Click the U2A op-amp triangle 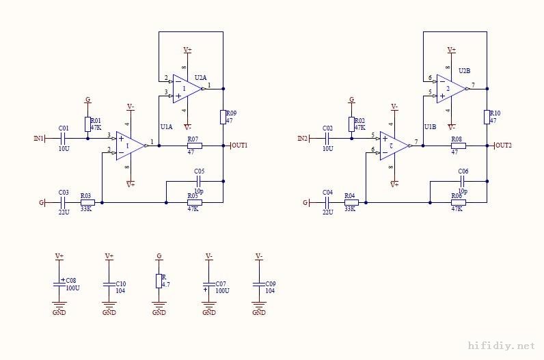(185, 88)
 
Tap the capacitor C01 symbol (64, 139)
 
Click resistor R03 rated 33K (87, 202)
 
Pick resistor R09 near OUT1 (223, 117)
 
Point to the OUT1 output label (239, 146)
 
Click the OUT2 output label (503, 146)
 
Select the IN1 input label (39, 139)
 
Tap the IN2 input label (303, 139)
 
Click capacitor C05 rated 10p (199, 182)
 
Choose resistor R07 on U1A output (193, 146)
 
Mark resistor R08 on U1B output (458, 146)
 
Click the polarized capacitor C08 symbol (59, 284)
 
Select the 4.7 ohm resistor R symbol (159, 281)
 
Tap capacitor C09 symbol (259, 284)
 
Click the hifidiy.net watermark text (500, 346)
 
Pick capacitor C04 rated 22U (327, 202)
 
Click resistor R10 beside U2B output (487, 117)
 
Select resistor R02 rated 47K (351, 124)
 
